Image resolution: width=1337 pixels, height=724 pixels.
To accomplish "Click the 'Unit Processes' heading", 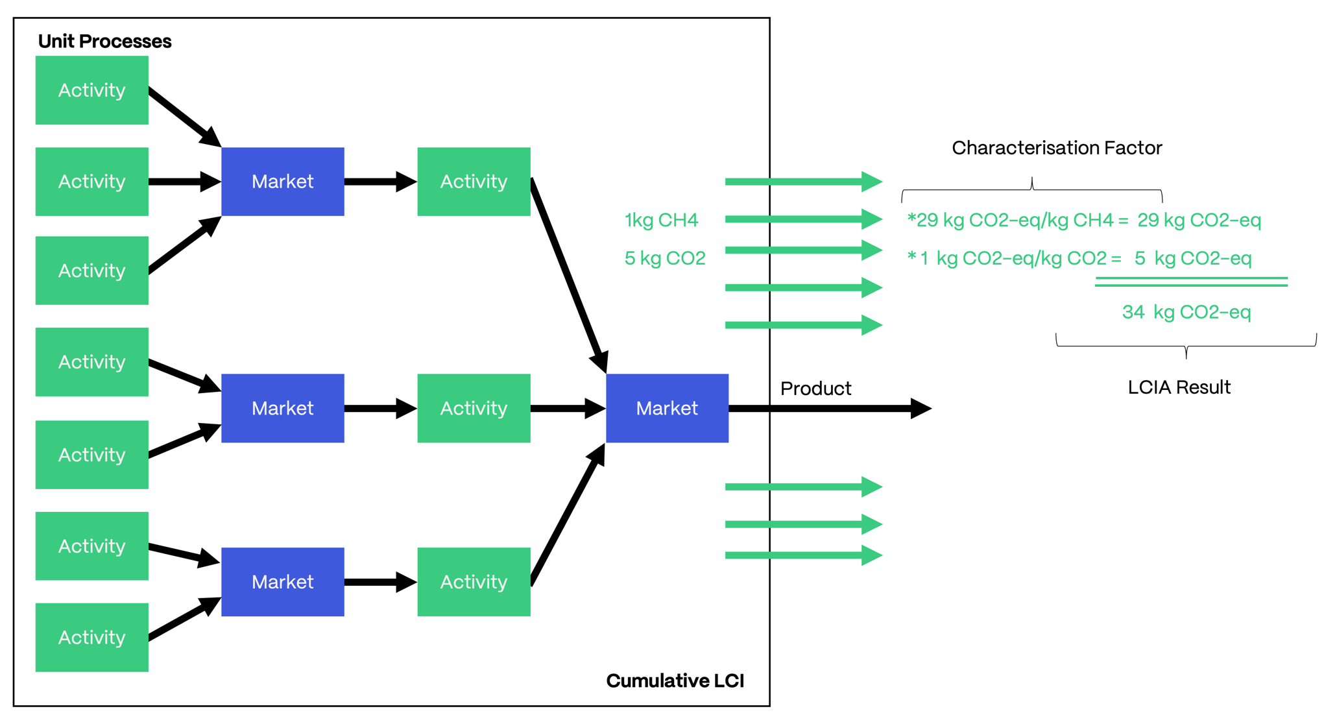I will coord(104,42).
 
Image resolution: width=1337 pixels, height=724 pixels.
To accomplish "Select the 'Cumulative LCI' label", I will coord(675,681).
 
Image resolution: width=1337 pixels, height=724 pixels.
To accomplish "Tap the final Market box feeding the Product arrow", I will coord(667,408).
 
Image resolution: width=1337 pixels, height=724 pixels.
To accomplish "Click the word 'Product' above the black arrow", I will coord(815,389).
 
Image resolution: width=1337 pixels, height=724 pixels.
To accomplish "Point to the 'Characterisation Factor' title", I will coord(1057,148).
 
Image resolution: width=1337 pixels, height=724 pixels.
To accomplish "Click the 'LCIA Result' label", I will coord(1179,387).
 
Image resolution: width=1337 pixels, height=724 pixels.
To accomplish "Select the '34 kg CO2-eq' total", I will coord(1186,312).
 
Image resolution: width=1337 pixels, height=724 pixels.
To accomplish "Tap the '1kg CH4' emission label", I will coord(661,221).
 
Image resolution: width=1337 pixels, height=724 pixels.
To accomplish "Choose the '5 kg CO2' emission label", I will coord(665,258).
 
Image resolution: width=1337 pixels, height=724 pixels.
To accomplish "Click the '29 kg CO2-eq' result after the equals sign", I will coord(1199,221).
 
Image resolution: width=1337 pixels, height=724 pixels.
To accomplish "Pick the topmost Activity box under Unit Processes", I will coord(91,90).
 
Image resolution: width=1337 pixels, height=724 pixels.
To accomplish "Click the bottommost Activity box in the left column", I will coord(91,637).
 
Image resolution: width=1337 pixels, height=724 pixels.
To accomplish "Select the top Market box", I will coord(282,182).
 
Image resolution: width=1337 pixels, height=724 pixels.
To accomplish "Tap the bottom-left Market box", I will coord(282,582).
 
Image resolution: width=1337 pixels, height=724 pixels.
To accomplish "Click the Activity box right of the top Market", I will coord(474,182).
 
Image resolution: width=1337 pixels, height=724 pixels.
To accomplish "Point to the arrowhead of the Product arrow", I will coord(921,408).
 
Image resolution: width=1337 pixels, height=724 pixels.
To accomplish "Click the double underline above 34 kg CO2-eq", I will coord(1191,282).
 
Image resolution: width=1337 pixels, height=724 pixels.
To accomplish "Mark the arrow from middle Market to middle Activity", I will coord(380,408).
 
